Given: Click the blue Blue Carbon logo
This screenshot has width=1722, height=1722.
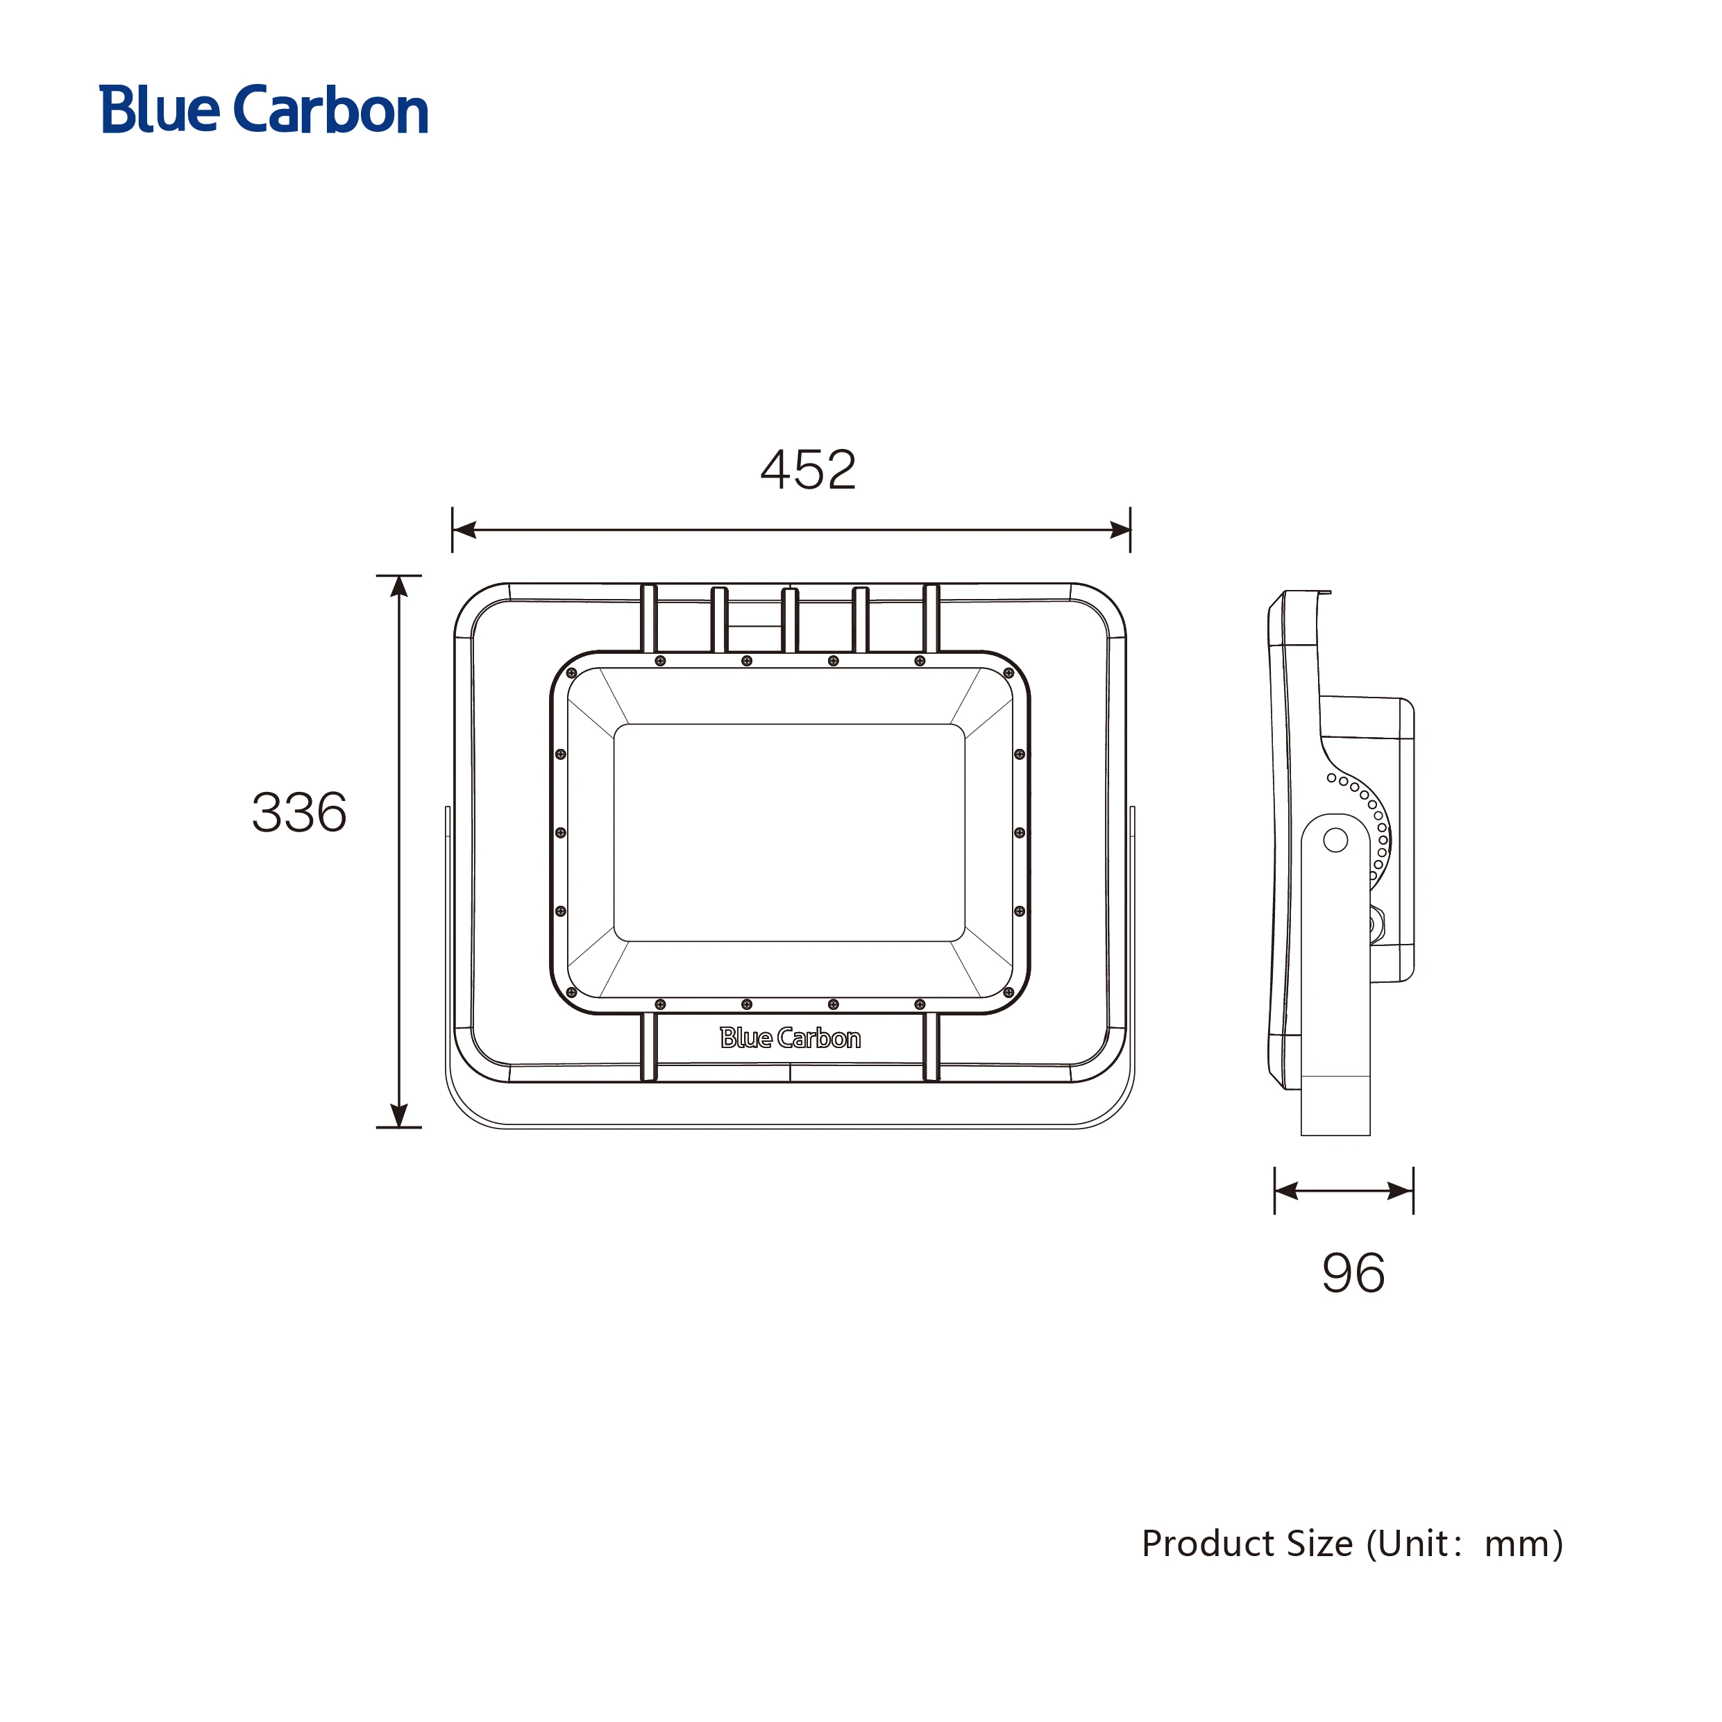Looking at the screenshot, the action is [264, 110].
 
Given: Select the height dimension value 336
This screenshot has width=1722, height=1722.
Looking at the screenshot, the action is [299, 812].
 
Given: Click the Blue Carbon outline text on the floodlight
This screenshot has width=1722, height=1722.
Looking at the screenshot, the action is [790, 1038].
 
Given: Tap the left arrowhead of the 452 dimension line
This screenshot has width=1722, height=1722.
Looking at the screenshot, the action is [464, 530].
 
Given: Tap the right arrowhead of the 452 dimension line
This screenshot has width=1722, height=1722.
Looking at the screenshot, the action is [1120, 530].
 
